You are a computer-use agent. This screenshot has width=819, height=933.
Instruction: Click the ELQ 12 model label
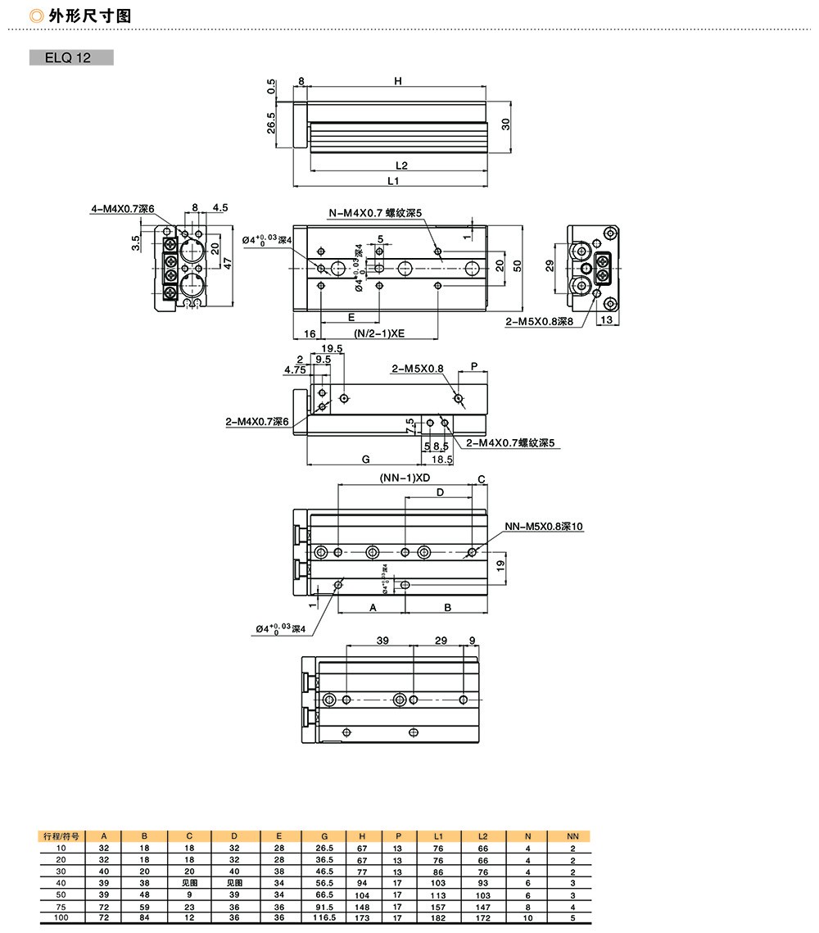(x=70, y=58)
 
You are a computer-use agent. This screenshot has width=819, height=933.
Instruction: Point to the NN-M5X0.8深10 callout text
(x=544, y=527)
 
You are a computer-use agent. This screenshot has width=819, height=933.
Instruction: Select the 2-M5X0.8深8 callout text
(x=538, y=322)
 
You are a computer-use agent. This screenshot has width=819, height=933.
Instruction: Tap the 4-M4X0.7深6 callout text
(x=122, y=210)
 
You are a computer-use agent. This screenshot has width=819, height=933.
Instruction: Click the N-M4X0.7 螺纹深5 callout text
(x=375, y=214)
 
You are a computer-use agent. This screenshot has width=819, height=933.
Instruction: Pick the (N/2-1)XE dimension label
(x=380, y=334)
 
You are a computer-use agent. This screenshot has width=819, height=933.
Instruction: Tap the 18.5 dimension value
(x=442, y=460)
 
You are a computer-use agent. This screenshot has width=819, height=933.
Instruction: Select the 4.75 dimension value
(x=295, y=369)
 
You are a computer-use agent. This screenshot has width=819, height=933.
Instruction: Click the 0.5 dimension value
(x=270, y=86)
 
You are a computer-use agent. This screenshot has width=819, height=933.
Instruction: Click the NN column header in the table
(x=572, y=836)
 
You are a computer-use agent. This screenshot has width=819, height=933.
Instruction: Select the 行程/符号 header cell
(x=61, y=836)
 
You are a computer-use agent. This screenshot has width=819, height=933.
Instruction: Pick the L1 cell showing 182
(x=438, y=918)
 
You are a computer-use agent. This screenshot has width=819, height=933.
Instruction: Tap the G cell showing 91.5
(x=325, y=907)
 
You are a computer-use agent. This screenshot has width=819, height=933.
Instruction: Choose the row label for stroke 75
(x=61, y=907)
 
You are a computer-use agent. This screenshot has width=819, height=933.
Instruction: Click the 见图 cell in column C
(x=189, y=883)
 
